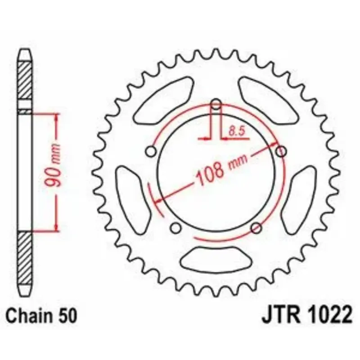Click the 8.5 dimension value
click(x=238, y=131)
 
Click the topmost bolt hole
click(x=216, y=104)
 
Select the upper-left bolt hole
click(x=151, y=152)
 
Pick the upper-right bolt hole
click(x=281, y=151)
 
